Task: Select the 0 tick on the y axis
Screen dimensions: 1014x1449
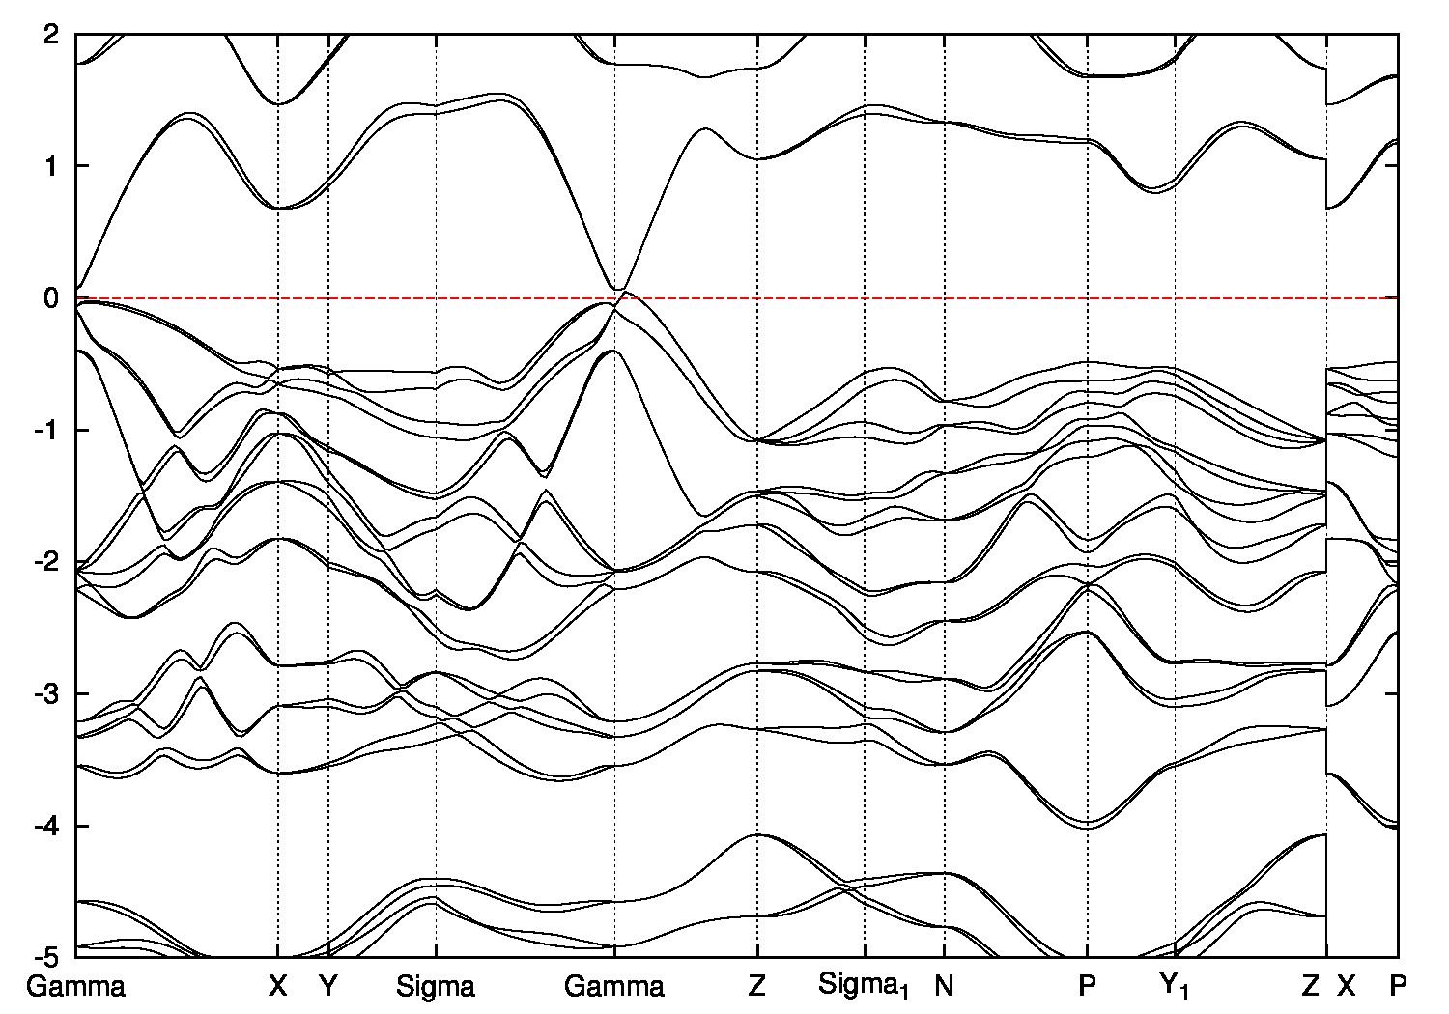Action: click(x=54, y=298)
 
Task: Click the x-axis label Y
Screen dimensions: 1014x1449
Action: click(x=329, y=986)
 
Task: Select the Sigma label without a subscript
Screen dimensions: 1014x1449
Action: click(x=436, y=986)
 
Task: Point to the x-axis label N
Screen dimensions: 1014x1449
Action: click(x=944, y=986)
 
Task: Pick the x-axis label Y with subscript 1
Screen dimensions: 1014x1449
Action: click(x=1176, y=987)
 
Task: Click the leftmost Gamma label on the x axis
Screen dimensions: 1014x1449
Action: click(x=75, y=986)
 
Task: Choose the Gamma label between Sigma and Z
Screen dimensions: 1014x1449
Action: click(x=614, y=986)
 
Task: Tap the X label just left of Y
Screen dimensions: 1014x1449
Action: click(x=278, y=986)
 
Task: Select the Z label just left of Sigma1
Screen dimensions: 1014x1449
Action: click(x=756, y=986)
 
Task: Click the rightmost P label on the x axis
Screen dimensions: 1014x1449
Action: click(x=1398, y=986)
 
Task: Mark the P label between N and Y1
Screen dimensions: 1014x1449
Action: click(x=1089, y=986)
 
